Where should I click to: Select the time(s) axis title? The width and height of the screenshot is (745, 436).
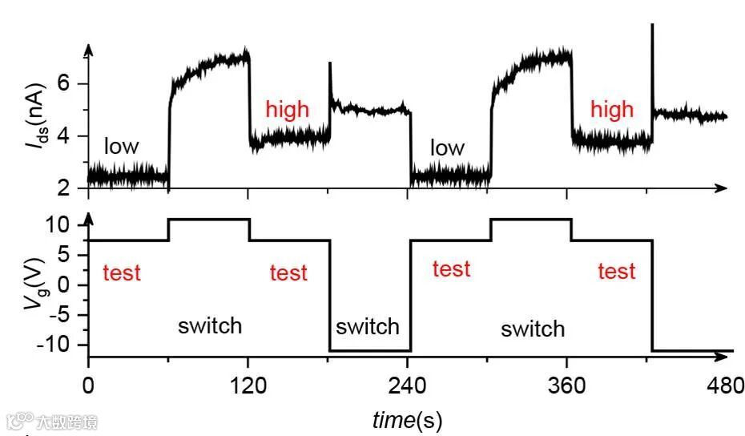(x=407, y=418)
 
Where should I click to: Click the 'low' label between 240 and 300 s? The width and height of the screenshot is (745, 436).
(x=447, y=147)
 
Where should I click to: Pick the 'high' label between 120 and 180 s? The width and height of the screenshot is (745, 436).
(x=287, y=109)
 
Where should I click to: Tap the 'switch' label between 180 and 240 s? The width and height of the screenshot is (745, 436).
(x=368, y=326)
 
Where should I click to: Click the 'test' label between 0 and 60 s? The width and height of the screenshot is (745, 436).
(x=122, y=272)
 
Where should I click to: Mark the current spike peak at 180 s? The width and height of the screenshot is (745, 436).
(x=329, y=63)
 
